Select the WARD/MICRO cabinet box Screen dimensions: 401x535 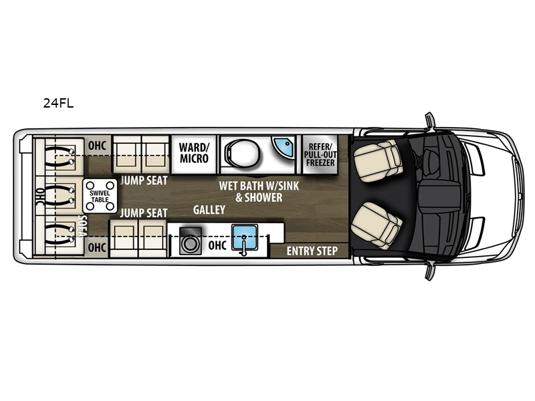click(194, 153)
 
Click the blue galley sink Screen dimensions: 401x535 click(245, 239)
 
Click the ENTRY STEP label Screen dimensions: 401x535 click(312, 251)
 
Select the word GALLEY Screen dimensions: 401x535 click(209, 210)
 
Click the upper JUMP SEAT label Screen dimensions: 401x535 click(143, 180)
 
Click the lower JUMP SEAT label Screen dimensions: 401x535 click(143, 213)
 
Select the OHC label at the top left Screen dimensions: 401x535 click(97, 146)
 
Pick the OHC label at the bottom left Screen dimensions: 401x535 click(97, 247)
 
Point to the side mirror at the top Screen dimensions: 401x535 click(429, 120)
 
